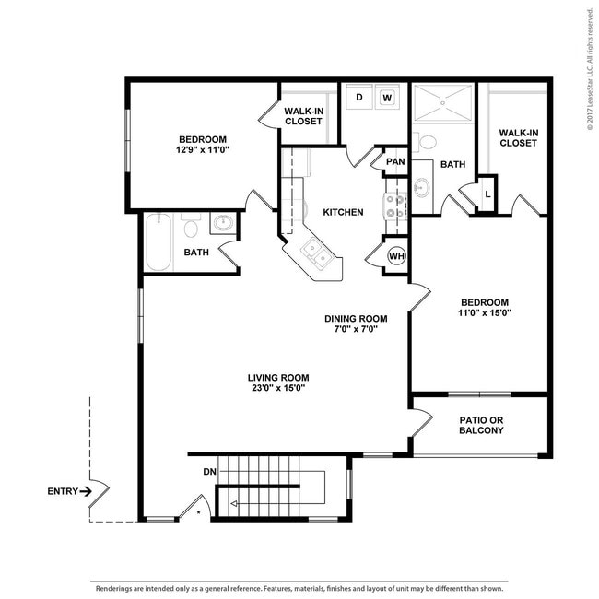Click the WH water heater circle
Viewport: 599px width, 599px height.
pos(396,256)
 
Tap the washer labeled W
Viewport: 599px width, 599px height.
pos(387,98)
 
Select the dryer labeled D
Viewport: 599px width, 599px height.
pos(359,97)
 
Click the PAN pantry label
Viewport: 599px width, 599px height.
pos(395,161)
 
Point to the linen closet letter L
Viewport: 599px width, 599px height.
pos(487,194)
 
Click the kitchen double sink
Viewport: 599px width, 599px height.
pos(316,253)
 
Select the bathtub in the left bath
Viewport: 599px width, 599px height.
pos(159,242)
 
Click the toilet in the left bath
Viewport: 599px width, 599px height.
pos(191,226)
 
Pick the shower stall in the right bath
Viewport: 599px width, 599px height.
pos(443,103)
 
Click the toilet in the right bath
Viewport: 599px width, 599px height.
pos(425,142)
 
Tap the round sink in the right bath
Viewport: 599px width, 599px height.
pos(422,188)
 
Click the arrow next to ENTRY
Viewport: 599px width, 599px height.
pos(86,491)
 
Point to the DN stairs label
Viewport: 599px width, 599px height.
pos(210,472)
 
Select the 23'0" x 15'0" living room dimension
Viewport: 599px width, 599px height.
pos(278,388)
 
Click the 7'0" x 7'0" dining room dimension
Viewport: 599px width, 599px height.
pos(356,329)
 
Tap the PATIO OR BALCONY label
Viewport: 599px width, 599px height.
pos(481,425)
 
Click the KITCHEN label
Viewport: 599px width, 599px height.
pos(343,212)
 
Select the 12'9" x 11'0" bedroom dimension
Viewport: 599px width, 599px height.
pos(203,149)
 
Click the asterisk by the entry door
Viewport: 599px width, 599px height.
pos(198,511)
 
